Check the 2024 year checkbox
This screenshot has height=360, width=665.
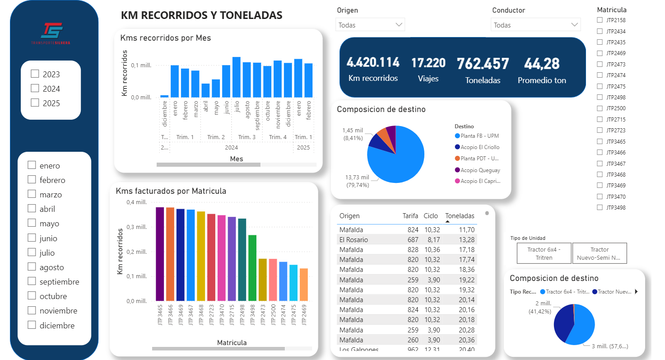tap(35, 89)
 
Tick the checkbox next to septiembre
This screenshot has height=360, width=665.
tap(32, 281)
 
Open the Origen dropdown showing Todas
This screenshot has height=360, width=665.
tap(370, 25)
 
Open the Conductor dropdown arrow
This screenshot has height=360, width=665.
tap(574, 25)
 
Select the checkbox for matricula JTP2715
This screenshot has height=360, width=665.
tap(600, 119)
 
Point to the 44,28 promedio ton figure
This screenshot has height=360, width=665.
tap(542, 64)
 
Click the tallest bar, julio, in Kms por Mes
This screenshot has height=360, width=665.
tap(236, 77)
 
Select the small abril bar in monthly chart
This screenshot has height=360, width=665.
tap(205, 90)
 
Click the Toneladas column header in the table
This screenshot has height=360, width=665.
tap(460, 216)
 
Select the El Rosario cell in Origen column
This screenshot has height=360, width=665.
tap(353, 239)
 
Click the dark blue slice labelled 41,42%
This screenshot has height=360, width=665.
tap(563, 323)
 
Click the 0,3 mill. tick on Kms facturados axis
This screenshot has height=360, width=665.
tap(136, 227)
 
